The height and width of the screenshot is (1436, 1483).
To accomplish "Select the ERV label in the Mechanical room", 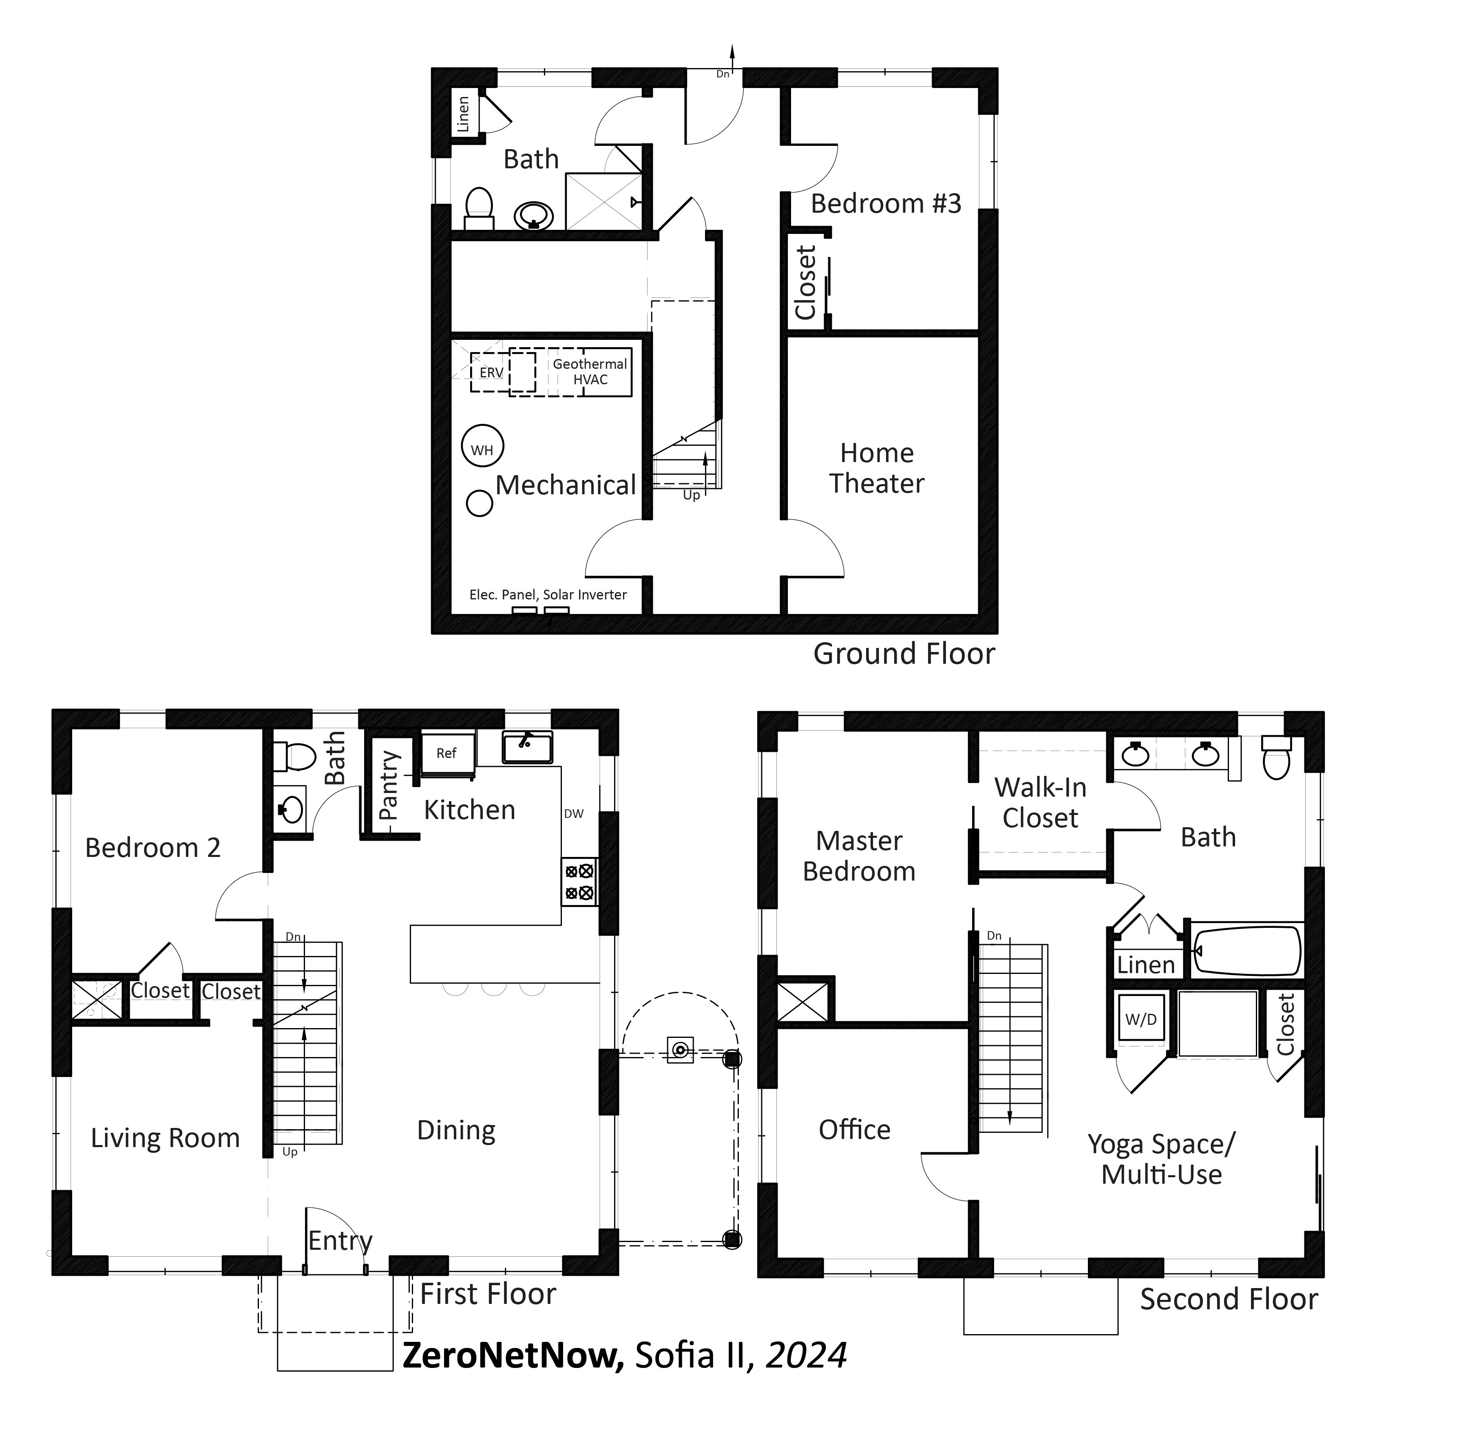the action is click(491, 373).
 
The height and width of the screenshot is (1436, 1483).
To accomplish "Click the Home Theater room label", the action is click(877, 468).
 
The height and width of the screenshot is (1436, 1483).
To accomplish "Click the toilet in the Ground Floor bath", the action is click(479, 208).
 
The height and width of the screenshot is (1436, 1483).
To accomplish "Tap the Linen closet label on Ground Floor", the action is click(463, 113).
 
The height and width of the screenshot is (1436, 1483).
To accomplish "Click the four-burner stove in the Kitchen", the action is click(579, 882).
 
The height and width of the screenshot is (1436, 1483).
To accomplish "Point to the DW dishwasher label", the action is click(574, 814).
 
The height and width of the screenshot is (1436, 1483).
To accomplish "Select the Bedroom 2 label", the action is click(153, 848).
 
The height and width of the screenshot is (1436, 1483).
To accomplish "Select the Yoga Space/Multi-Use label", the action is click(1161, 1159).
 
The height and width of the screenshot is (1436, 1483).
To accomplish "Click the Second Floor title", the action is click(1229, 1299).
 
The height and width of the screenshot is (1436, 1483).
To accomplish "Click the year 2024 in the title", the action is click(807, 1355).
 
